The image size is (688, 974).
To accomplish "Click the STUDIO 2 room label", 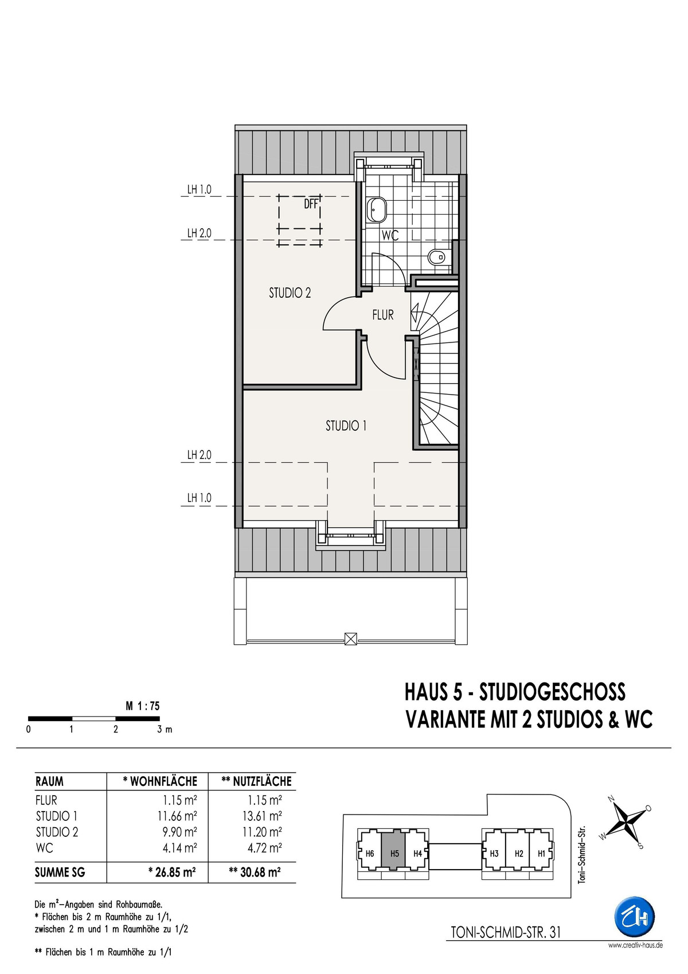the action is click(x=290, y=293).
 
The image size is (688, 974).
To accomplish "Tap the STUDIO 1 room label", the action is click(x=346, y=426).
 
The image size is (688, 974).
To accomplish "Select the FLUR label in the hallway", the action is click(x=383, y=315).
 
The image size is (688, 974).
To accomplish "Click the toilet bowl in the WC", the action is click(x=437, y=257).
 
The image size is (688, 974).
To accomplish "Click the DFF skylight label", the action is click(x=311, y=204).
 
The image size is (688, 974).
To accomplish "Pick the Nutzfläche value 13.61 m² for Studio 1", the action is click(x=262, y=816).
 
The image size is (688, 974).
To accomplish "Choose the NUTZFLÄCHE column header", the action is click(x=256, y=781).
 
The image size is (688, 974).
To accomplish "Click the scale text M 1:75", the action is click(x=143, y=706).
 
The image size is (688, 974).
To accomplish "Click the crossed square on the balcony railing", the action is click(x=350, y=638).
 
